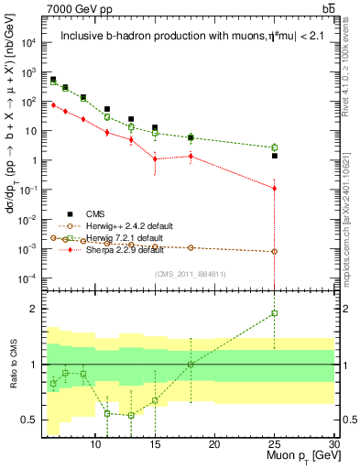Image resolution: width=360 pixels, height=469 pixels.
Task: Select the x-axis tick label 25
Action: pyautogui.click(x=274, y=444)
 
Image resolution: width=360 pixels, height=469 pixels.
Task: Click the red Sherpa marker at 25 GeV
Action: pyautogui.click(x=274, y=188)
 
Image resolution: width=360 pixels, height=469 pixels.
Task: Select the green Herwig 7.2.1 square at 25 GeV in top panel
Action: pyautogui.click(x=274, y=147)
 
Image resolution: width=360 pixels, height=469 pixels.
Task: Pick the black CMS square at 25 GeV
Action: pyautogui.click(x=274, y=156)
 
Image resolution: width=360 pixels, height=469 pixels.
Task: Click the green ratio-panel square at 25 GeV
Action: pyautogui.click(x=274, y=313)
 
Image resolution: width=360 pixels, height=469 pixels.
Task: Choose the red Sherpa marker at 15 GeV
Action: pyautogui.click(x=155, y=158)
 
